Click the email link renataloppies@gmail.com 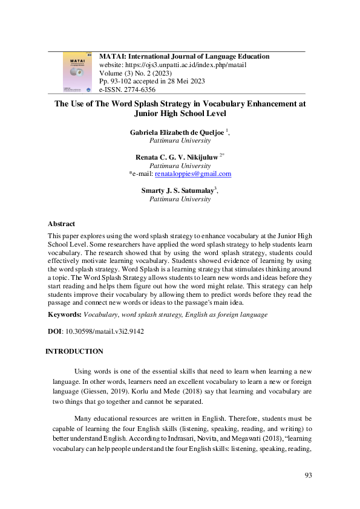pyautogui.click(x=193, y=173)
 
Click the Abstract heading pyautogui.click(x=62, y=223)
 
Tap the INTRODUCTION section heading pyautogui.click(x=74, y=351)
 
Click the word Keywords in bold pyautogui.click(x=65, y=315)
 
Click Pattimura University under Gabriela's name pyautogui.click(x=180, y=140)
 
